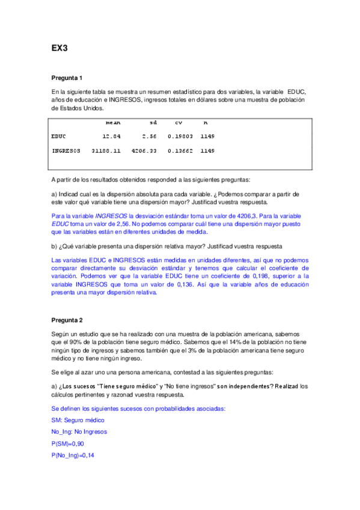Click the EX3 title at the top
click(x=59, y=48)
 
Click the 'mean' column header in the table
click(x=113, y=122)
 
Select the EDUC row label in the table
click(x=59, y=137)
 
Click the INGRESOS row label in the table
click(x=66, y=150)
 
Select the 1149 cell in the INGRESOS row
click(x=207, y=150)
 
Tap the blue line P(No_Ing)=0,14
click(x=73, y=456)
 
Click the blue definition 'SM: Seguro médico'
click(x=78, y=420)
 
